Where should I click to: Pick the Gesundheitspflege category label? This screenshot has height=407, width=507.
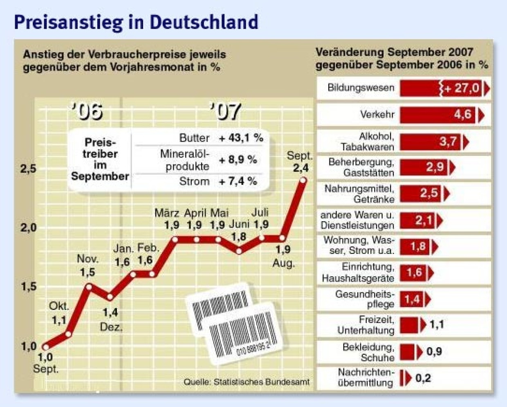[x=364, y=299]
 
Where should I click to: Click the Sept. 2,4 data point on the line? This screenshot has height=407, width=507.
[x=303, y=180]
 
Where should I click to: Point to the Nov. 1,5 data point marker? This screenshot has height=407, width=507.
[x=89, y=286]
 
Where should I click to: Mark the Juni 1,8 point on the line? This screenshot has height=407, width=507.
[x=239, y=251]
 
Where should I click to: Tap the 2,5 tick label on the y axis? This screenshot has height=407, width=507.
[x=28, y=169]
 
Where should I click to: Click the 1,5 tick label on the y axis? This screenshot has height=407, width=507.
[x=28, y=287]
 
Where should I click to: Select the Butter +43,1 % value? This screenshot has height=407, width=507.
[x=241, y=138]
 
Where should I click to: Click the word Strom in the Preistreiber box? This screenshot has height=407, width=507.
[x=194, y=181]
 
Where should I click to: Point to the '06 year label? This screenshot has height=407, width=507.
[x=87, y=111]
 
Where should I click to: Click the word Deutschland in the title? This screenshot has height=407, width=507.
[x=204, y=22]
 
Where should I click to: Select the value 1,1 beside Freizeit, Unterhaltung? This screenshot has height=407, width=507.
[x=436, y=325]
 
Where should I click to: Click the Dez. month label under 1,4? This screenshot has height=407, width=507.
[x=111, y=327]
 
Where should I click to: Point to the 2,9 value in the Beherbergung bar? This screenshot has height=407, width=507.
[x=435, y=167]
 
